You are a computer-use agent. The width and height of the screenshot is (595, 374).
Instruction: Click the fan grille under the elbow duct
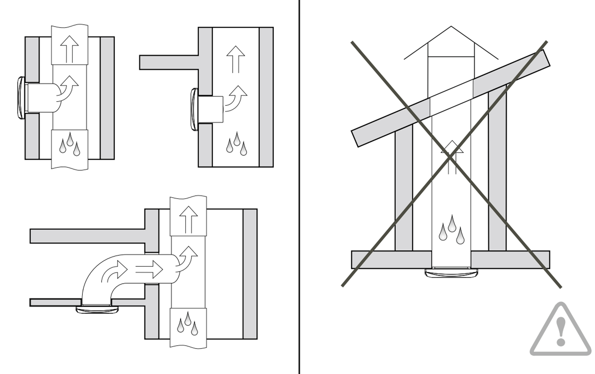tap(97, 310)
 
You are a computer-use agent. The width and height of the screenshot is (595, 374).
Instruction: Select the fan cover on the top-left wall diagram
tap(21, 98)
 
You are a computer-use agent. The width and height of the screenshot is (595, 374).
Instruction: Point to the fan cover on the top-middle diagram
tap(195, 109)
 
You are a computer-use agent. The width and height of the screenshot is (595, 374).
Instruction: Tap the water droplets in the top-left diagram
tap(70, 144)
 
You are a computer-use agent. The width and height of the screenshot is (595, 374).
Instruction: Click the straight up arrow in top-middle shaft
tap(236, 59)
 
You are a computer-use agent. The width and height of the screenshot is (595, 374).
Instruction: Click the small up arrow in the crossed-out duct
tap(452, 157)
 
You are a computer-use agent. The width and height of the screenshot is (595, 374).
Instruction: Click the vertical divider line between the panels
tap(299, 187)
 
